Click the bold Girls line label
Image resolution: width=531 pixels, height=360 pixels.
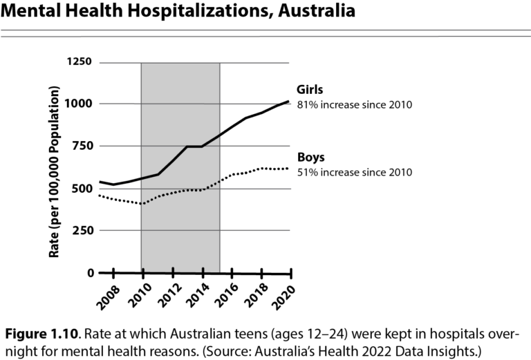click(310, 90)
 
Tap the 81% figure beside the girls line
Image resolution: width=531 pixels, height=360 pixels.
click(306, 105)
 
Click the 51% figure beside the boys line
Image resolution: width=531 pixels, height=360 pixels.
click(306, 172)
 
